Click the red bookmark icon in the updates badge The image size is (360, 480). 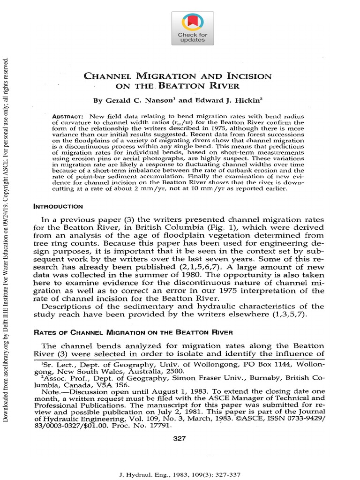[192, 21]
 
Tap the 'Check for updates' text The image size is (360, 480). [192, 37]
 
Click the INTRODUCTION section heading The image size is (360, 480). [58, 207]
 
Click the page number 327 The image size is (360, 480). [180, 438]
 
